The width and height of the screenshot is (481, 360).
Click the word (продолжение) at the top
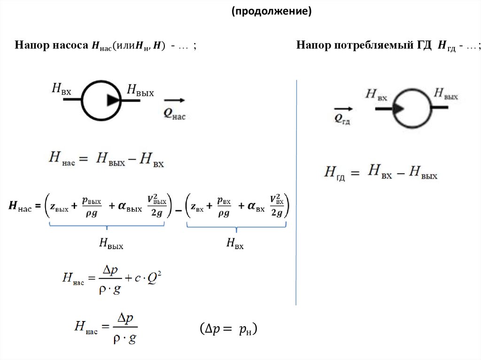pyautogui.click(x=271, y=11)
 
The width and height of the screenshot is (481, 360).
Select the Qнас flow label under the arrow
pyautogui.click(x=174, y=114)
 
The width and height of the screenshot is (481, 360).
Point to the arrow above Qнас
pyautogui.click(x=174, y=100)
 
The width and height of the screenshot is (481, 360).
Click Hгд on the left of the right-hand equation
pyautogui.click(x=334, y=172)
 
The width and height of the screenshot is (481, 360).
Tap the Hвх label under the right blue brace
pyautogui.click(x=235, y=243)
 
